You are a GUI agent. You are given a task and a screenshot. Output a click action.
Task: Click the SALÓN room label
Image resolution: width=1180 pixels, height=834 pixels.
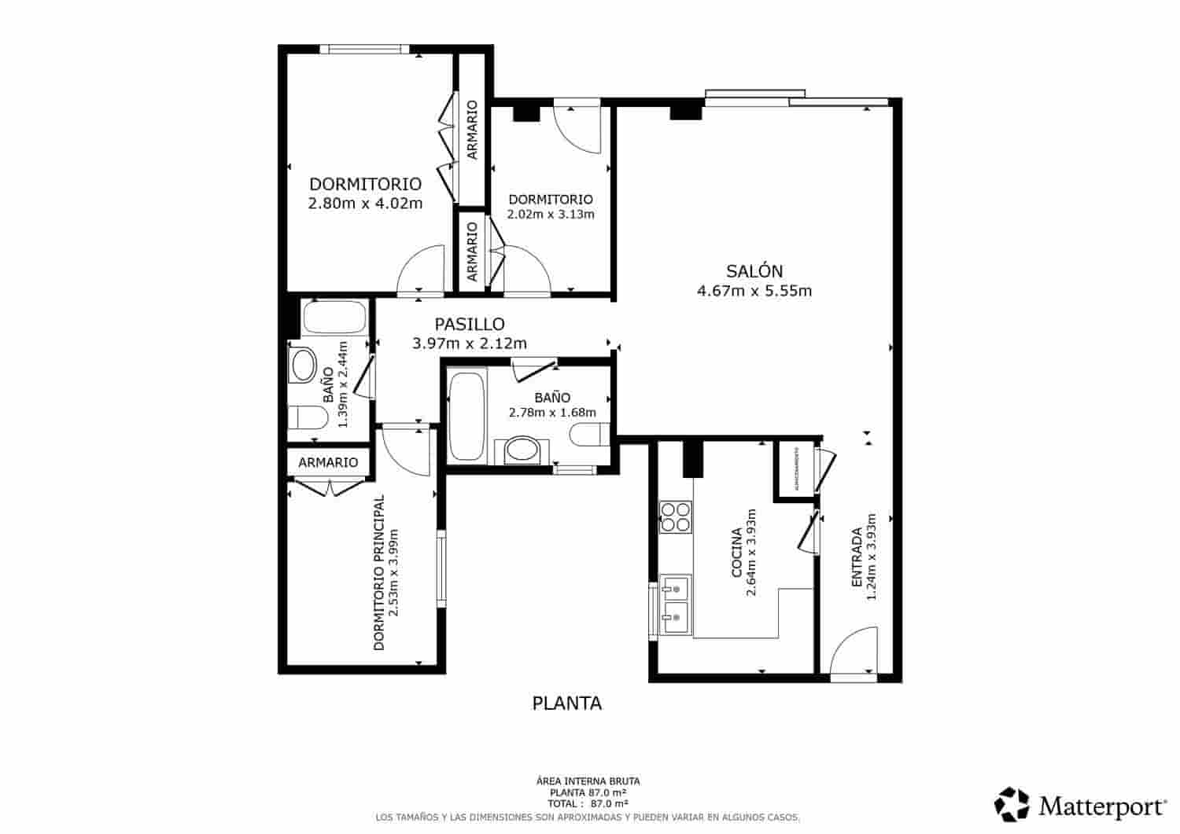tap(754, 271)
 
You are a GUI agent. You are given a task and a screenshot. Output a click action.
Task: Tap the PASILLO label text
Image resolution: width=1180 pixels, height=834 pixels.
tap(470, 324)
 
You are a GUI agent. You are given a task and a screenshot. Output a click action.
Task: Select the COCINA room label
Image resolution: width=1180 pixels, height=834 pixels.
tap(737, 553)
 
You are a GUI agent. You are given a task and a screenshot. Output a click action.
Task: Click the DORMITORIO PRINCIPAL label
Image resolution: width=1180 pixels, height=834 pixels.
tap(379, 572)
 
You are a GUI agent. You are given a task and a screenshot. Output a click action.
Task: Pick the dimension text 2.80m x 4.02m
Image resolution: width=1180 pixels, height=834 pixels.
tap(365, 204)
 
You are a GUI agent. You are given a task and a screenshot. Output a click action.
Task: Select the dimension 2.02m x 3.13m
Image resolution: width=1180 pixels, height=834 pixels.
tap(550, 215)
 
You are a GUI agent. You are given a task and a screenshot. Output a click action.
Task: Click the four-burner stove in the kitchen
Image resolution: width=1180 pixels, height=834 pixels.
tap(675, 517)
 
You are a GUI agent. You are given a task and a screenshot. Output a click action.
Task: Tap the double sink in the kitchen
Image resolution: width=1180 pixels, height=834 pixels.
tap(676, 604)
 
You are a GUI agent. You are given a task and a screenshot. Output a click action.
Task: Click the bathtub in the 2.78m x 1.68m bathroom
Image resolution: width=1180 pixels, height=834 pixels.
tap(466, 416)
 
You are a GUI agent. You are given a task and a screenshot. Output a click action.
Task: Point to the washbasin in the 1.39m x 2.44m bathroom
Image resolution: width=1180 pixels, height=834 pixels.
tap(302, 366)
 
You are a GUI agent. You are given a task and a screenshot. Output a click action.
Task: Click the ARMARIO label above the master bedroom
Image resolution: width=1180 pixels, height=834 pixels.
tap(328, 462)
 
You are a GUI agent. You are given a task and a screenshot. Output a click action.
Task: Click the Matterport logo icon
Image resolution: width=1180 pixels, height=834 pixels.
tap(1011, 804)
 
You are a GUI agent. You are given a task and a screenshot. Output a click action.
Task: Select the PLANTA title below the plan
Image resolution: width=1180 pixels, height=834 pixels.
tap(566, 704)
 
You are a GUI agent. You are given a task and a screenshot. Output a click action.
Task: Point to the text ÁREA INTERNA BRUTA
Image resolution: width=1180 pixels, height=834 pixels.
tap(588, 781)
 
